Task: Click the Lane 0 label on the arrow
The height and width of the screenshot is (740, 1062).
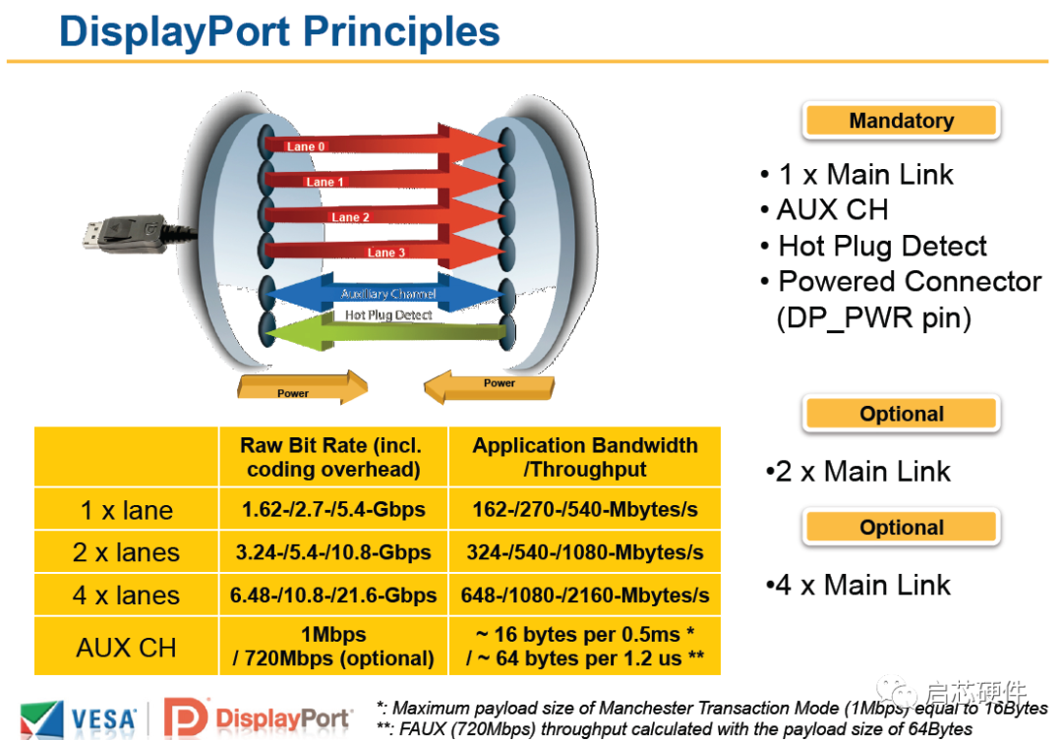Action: click(x=306, y=146)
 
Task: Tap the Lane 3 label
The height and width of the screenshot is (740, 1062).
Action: click(x=386, y=253)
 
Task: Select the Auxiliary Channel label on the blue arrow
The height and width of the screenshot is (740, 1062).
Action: click(x=388, y=294)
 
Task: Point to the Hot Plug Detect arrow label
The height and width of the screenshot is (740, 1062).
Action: click(x=388, y=314)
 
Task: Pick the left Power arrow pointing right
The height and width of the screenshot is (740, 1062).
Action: click(x=302, y=387)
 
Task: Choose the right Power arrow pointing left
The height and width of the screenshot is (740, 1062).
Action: click(x=489, y=386)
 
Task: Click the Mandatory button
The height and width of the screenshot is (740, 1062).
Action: click(x=902, y=121)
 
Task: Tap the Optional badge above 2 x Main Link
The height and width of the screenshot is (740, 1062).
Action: click(x=902, y=414)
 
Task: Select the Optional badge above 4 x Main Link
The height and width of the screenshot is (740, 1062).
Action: click(x=902, y=528)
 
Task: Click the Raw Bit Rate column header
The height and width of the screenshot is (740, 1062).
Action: click(x=333, y=457)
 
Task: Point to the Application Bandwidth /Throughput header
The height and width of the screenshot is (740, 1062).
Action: click(x=584, y=457)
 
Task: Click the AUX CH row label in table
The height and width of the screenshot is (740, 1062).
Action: click(x=126, y=648)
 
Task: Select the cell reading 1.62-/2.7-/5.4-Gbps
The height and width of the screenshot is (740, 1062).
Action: click(x=333, y=509)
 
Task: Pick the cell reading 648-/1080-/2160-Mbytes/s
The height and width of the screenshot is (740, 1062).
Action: click(x=584, y=596)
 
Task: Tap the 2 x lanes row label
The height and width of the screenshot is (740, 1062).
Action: click(x=126, y=552)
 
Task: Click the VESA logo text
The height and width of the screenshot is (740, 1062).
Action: click(x=103, y=719)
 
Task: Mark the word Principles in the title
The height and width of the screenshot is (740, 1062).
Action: click(x=401, y=31)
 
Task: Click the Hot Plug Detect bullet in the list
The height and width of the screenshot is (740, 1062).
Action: click(x=882, y=247)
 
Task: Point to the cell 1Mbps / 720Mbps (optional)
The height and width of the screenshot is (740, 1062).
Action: click(x=333, y=646)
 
